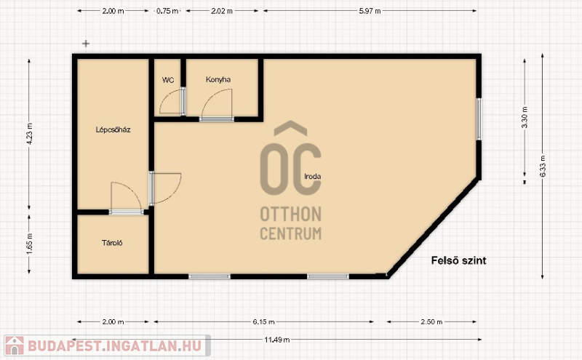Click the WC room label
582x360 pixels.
tap(168, 80)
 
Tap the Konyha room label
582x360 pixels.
tap(218, 79)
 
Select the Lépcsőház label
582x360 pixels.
tap(113, 130)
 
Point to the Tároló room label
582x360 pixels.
tap(112, 243)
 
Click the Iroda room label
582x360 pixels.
tap(313, 177)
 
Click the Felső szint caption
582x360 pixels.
tap(459, 260)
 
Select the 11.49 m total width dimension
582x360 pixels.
tap(277, 340)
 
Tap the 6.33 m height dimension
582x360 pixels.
tap(543, 166)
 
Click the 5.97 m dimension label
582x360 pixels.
tap(370, 11)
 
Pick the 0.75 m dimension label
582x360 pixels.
tap(167, 11)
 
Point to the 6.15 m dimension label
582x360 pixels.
tap(264, 321)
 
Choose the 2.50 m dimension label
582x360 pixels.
tap(431, 321)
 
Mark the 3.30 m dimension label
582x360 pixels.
tap(525, 117)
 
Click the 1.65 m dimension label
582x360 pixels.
tap(29, 244)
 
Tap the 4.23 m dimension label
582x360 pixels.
tap(29, 133)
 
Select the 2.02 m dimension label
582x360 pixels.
tap(222, 11)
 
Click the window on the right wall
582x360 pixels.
tap(479, 119)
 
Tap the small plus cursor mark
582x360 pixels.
tap(86, 44)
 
